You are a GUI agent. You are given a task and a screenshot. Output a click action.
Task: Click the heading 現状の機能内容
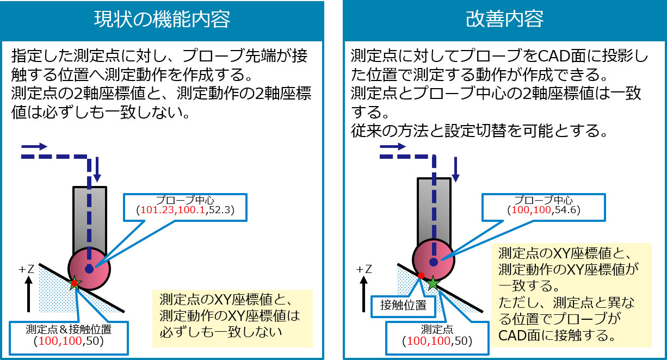point(162,20)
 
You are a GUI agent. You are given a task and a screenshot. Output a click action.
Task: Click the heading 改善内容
point(504,20)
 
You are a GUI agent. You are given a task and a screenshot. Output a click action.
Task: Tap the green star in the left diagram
point(75,283)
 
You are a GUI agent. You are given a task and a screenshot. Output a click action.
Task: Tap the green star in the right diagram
point(433,283)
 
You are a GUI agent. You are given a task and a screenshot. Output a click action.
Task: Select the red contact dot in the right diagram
point(421,276)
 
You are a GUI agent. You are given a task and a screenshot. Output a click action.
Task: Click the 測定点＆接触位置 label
point(69,329)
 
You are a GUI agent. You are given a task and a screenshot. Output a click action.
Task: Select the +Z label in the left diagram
point(26,269)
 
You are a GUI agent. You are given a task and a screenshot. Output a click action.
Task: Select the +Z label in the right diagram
point(365,269)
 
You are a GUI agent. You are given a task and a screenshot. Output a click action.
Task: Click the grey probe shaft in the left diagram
point(90,218)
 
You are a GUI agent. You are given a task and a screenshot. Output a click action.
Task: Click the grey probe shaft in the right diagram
point(434,209)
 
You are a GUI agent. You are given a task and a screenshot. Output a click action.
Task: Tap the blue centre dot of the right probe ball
point(434,262)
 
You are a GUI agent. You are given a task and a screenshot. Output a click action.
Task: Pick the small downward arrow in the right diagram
point(456,170)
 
